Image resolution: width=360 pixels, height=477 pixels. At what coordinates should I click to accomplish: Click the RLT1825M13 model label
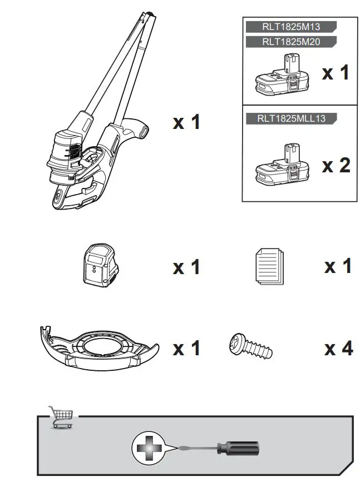coord(290,26)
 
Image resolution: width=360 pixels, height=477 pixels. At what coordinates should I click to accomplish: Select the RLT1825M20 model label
coord(290,41)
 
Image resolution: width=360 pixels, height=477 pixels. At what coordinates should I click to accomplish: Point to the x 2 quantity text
coord(336,165)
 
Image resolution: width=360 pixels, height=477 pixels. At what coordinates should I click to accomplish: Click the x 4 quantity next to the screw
coord(338,349)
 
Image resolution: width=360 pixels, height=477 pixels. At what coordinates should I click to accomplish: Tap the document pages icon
coord(268,267)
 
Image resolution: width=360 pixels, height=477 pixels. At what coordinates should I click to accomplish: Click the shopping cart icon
coord(62,416)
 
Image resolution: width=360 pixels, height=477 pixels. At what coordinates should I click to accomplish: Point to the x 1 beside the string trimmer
coord(186,122)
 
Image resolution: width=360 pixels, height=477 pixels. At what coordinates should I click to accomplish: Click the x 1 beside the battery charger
coord(186,267)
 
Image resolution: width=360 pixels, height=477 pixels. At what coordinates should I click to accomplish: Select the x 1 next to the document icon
coord(338,266)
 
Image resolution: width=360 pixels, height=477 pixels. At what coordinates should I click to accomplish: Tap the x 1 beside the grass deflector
coord(186,349)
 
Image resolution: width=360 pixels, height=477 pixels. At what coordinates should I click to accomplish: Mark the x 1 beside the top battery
coord(336,72)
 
